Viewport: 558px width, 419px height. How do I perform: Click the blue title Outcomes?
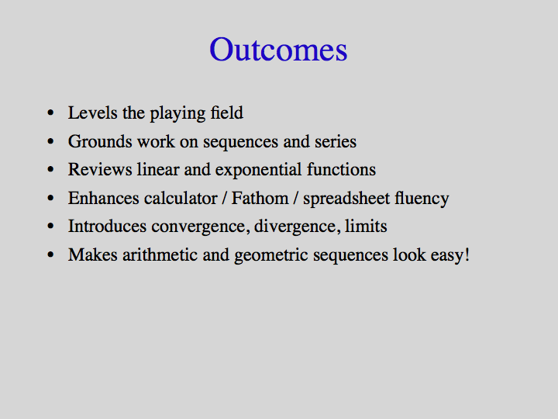(x=278, y=49)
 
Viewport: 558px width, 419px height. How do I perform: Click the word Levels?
(x=92, y=113)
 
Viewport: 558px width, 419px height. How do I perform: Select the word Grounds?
(x=100, y=141)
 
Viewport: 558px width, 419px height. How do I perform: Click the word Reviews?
(x=100, y=169)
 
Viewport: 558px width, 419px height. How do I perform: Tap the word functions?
(x=341, y=169)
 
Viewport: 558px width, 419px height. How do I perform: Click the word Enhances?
(x=104, y=198)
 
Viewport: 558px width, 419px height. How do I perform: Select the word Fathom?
(x=260, y=198)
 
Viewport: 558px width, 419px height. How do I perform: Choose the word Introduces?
(x=107, y=227)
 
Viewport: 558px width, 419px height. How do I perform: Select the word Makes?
(x=92, y=255)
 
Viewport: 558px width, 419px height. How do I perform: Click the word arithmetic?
(x=160, y=255)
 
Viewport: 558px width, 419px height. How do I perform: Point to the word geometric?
(x=271, y=255)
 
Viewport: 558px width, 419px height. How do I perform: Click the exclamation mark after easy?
(x=467, y=255)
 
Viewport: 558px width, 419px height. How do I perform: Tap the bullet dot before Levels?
(x=50, y=113)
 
